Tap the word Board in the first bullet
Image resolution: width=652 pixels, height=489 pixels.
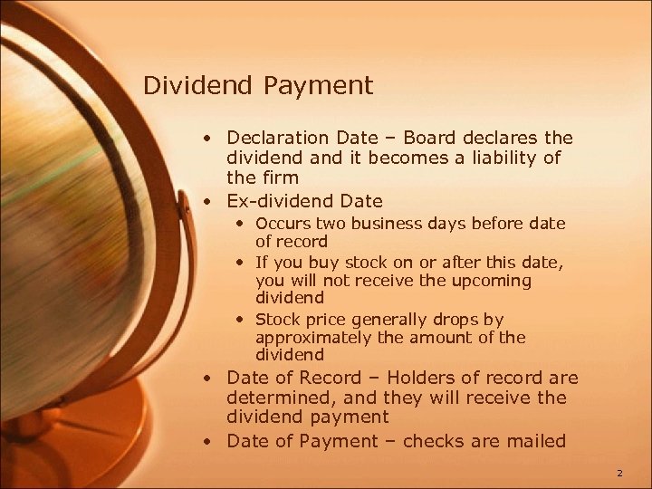point(431,138)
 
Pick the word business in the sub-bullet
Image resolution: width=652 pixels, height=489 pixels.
point(396,223)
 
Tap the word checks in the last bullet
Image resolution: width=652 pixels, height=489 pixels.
point(431,441)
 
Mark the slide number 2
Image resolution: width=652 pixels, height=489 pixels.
point(619,472)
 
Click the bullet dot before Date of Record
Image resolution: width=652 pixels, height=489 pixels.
point(208,379)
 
